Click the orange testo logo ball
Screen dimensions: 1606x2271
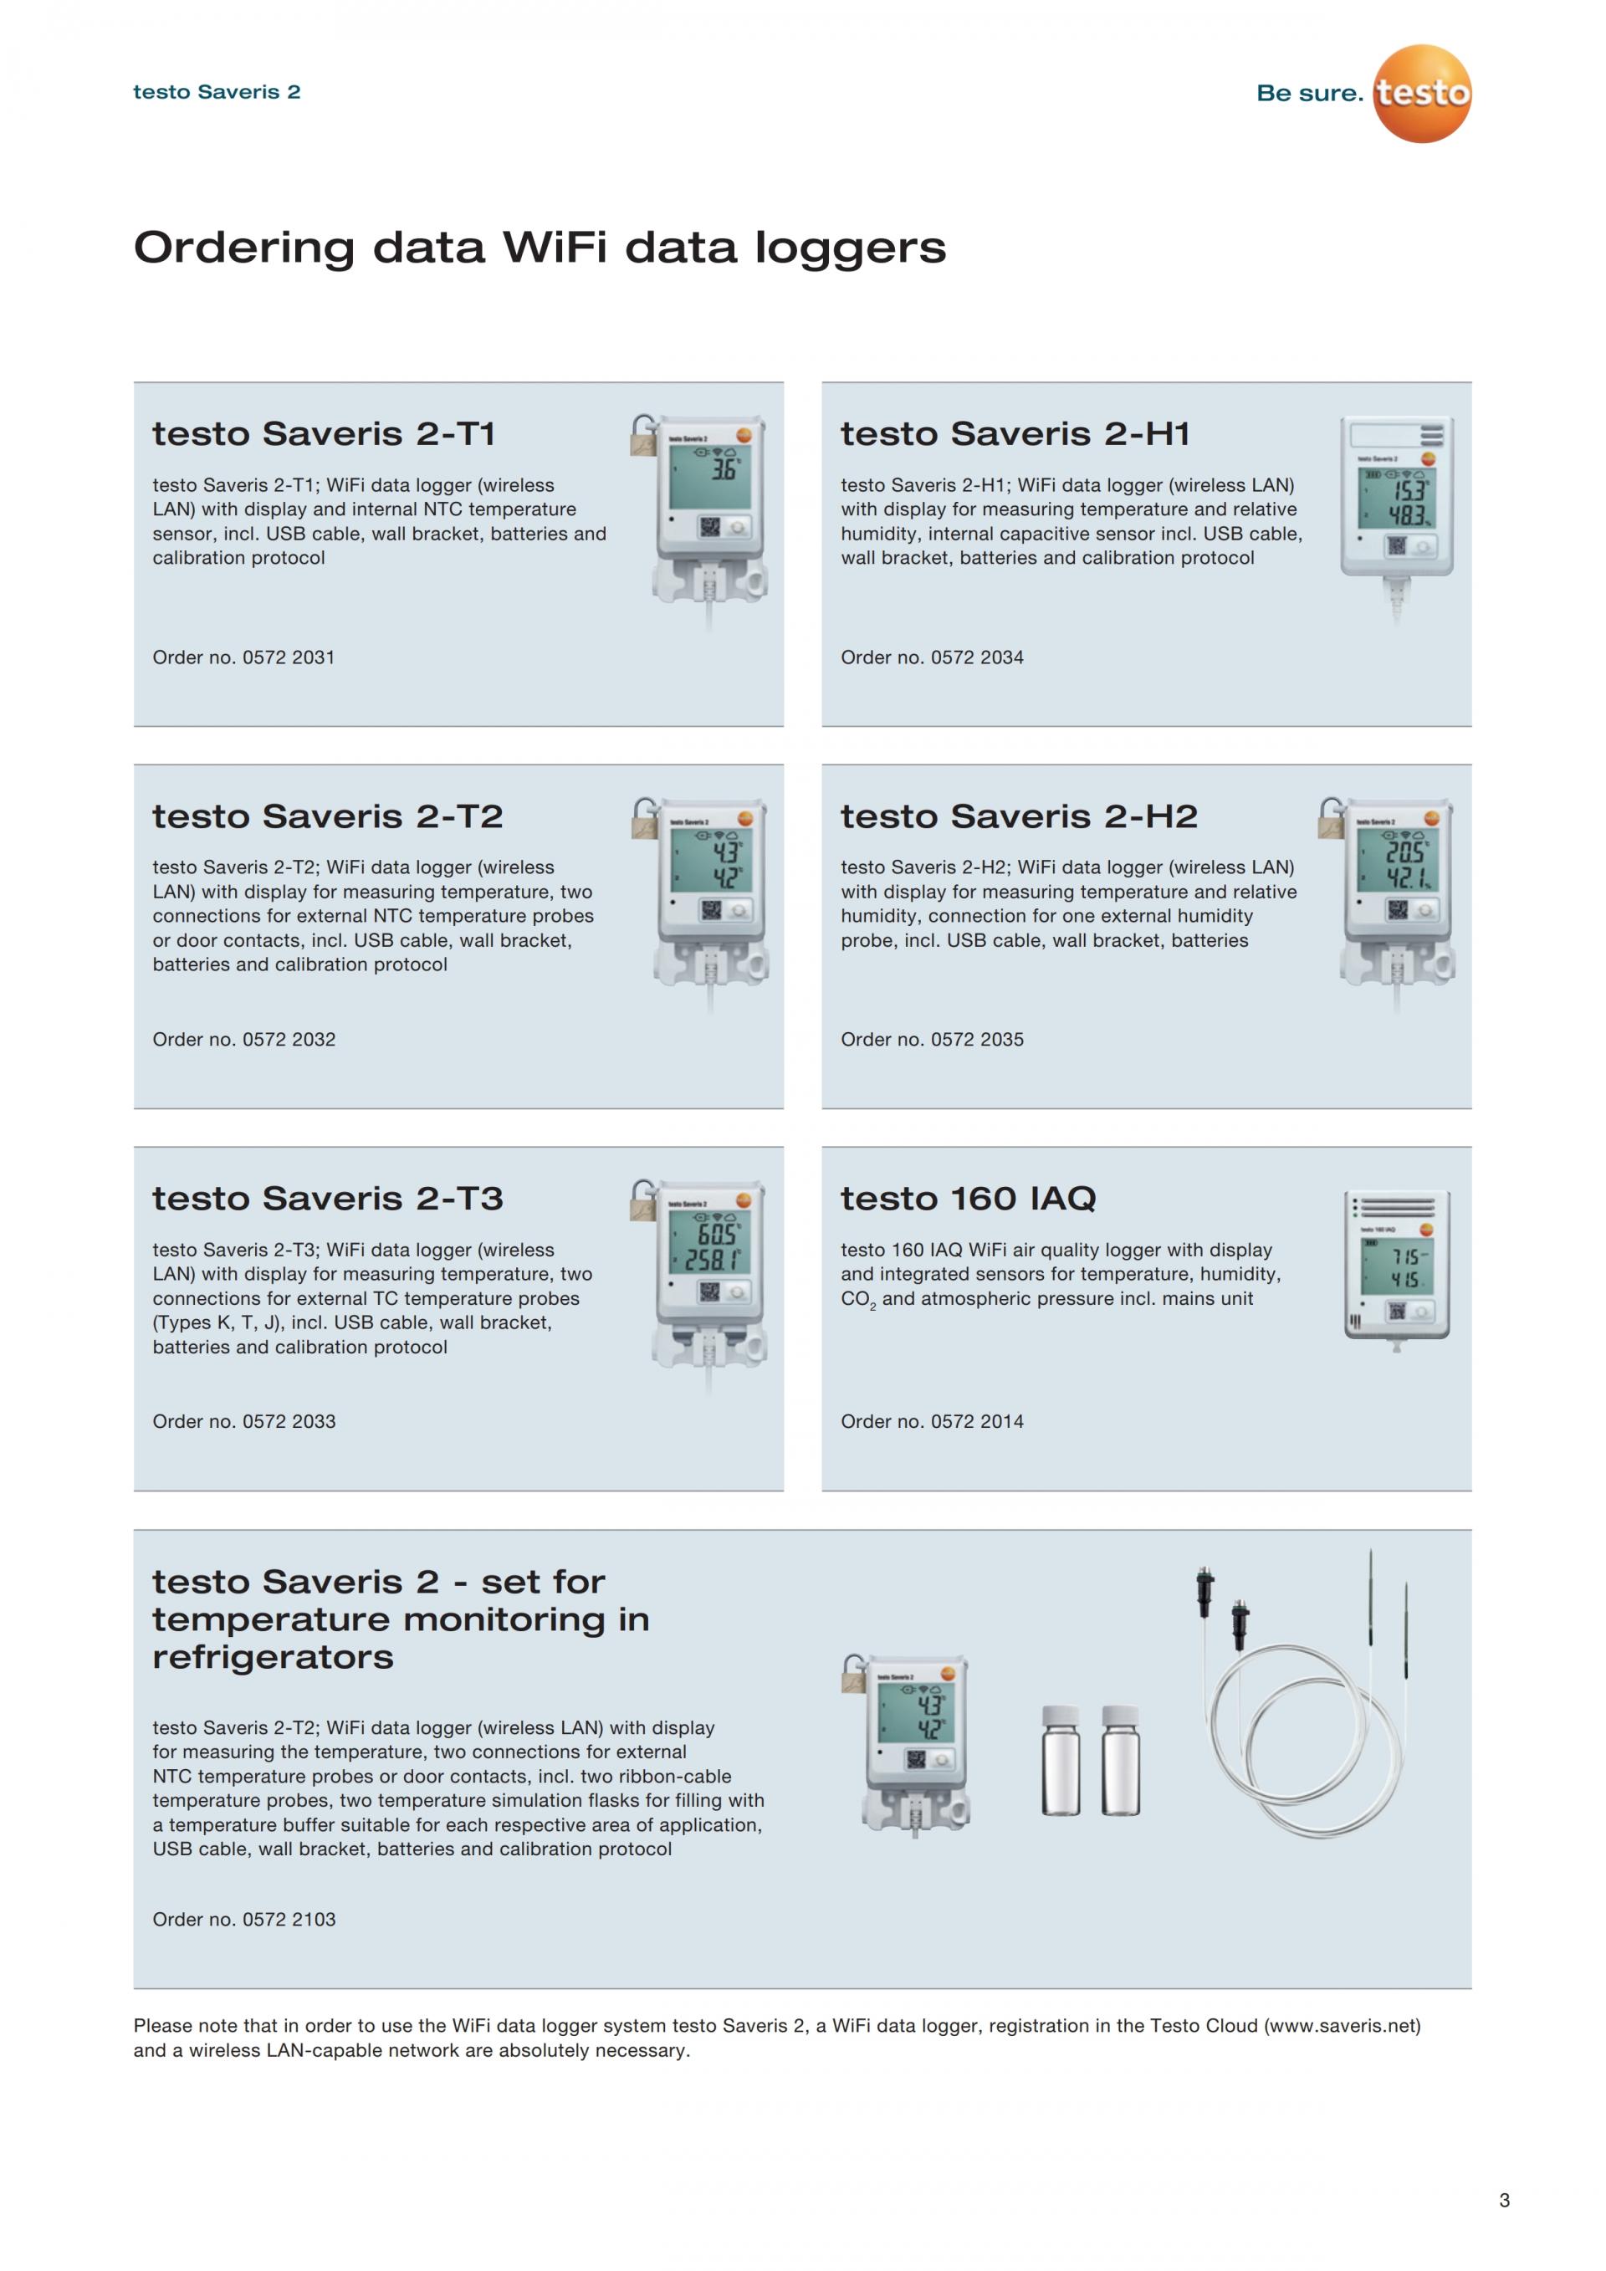[x=1422, y=93]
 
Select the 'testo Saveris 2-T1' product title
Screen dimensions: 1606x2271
[x=324, y=433]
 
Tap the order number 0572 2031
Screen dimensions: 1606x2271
[x=289, y=657]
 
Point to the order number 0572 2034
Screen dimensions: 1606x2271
[x=977, y=657]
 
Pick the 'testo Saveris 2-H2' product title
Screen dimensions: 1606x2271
[x=1019, y=816]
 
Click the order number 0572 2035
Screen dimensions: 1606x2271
[x=977, y=1040]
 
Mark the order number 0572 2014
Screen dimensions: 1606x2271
[x=977, y=1421]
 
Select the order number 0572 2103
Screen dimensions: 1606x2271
[x=289, y=1919]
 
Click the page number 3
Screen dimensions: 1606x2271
[x=1504, y=2200]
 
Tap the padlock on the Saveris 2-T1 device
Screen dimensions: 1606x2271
[x=644, y=435]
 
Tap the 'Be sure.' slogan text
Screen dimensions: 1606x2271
[x=1309, y=93]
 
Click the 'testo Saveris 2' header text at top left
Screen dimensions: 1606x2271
[x=217, y=92]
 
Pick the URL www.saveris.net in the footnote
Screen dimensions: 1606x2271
[x=1342, y=2025]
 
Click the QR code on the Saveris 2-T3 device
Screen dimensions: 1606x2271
[x=709, y=1292]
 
